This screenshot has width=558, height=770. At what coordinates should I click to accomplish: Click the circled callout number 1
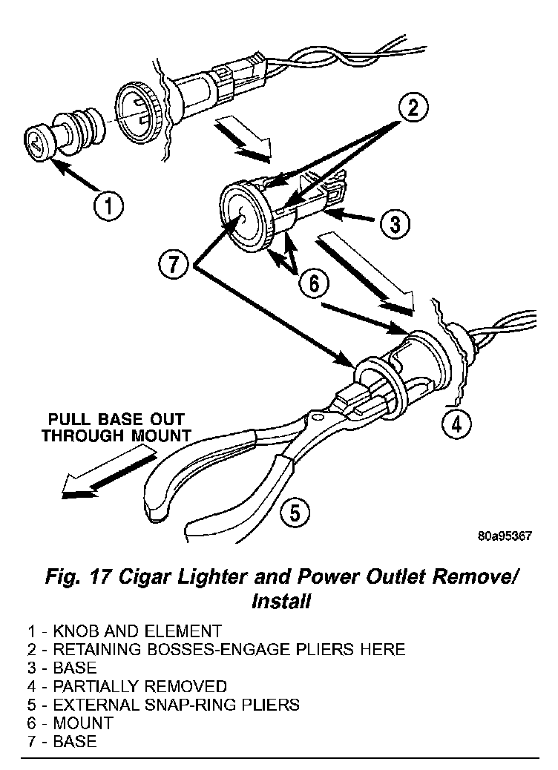[x=108, y=205]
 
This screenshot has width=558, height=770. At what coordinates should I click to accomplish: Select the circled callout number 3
[x=395, y=222]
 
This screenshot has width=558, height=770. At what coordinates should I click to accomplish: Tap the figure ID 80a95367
[x=504, y=537]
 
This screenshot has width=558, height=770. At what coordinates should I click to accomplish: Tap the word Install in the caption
[x=280, y=601]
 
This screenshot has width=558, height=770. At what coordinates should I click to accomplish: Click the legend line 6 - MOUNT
[x=70, y=723]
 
